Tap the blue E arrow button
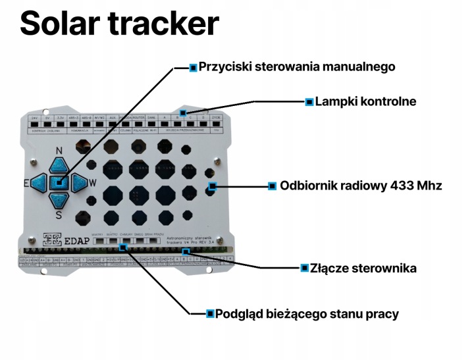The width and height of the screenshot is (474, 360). click(x=39, y=182)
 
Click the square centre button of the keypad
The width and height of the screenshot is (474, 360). click(x=59, y=182)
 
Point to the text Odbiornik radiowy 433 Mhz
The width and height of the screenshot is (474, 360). click(x=361, y=186)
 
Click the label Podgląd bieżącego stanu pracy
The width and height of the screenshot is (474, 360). click(x=307, y=313)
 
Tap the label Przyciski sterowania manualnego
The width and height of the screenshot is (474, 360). click(x=297, y=67)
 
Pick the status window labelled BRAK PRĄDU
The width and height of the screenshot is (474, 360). click(x=152, y=242)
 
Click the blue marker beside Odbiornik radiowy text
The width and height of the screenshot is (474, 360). click(x=272, y=186)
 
